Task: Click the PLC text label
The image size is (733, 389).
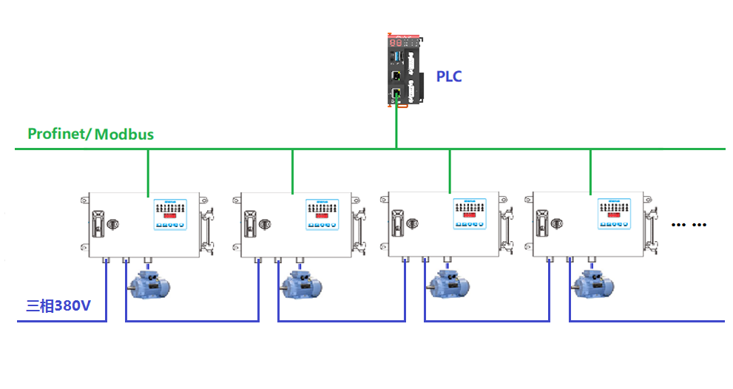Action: [x=448, y=76]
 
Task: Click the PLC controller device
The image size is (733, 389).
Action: [x=403, y=70]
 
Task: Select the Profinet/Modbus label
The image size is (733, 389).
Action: [x=90, y=134]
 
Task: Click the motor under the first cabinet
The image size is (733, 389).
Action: [x=149, y=284]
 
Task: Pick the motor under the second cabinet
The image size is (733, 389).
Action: [x=301, y=284]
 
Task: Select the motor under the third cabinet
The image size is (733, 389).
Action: [x=448, y=284]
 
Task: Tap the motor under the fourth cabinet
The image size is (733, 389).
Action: [x=592, y=284]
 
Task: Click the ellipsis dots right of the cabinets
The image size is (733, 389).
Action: [x=689, y=224]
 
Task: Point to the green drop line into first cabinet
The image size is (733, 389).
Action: [x=148, y=172]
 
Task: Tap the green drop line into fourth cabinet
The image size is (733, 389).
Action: [x=590, y=172]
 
